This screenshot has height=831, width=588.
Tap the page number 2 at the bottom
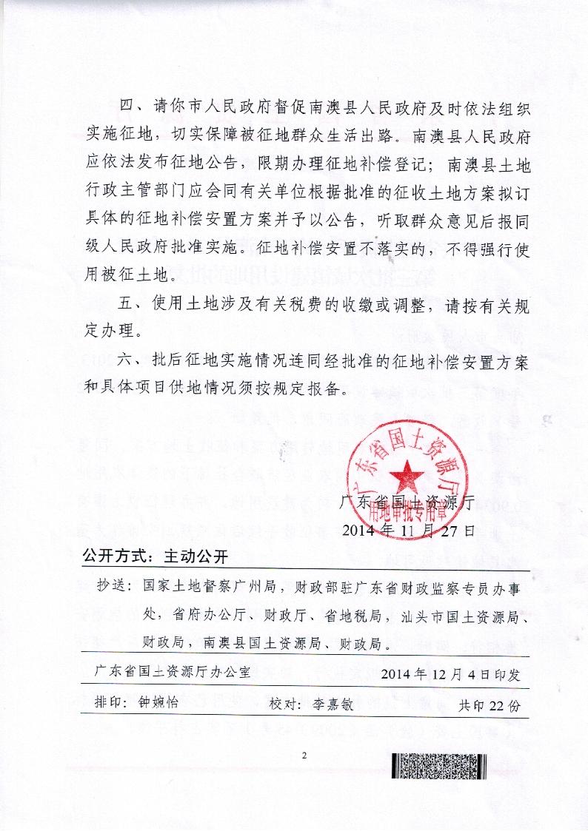point(304,755)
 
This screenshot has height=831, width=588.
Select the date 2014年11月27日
point(409,530)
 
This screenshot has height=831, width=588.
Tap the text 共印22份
point(490,704)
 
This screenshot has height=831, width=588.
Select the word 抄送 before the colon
point(112,587)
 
